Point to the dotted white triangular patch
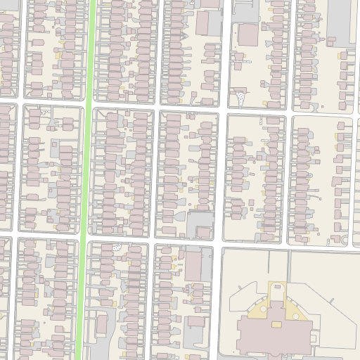coord(240,98)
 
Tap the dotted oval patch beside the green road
coord(117,247)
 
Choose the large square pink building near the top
coord(247,34)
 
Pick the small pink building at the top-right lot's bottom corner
coord(346,55)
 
